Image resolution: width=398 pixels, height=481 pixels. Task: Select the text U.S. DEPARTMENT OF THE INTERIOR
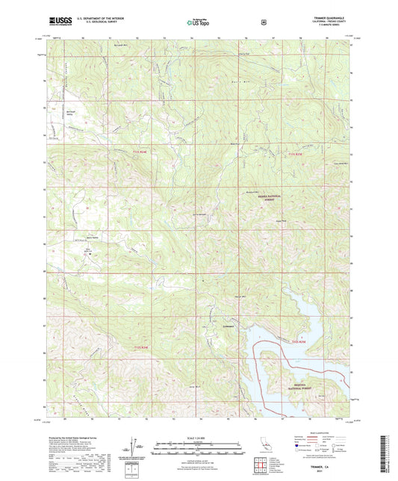pos(89,21)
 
